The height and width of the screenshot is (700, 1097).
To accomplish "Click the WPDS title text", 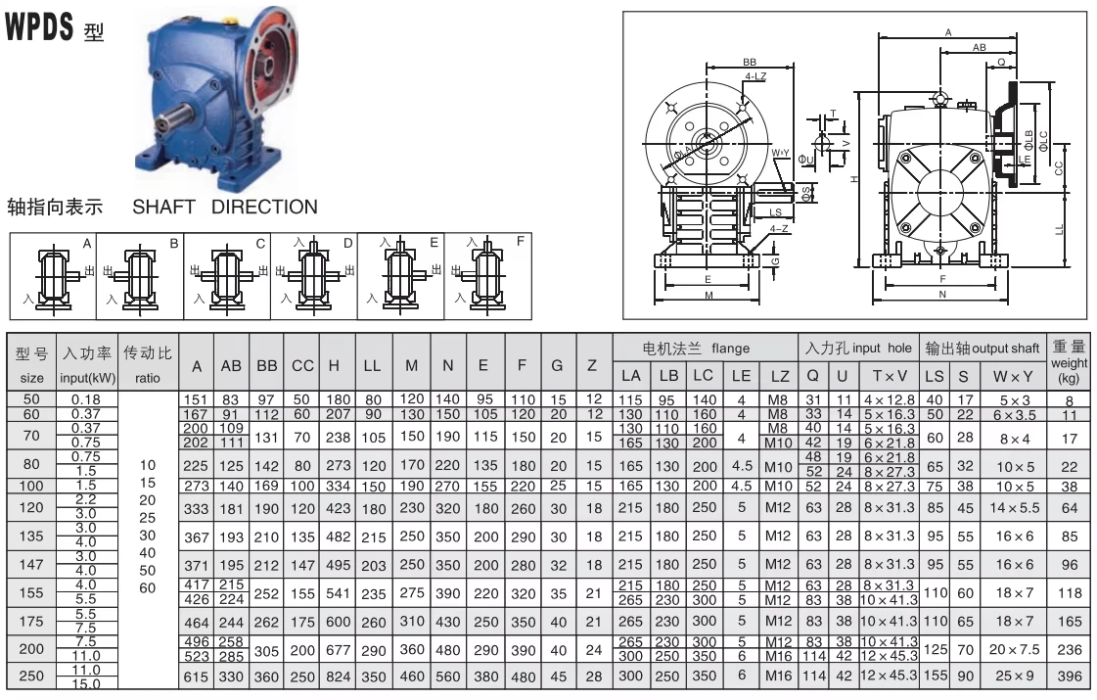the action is pos(39,25).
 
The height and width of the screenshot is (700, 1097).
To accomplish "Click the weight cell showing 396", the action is pos(1070,677).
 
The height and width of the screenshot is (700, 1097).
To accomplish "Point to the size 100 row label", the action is pos(31,486).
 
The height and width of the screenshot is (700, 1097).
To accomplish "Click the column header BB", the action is pos(266,365).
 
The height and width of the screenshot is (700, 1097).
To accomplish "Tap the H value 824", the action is pos(338,677).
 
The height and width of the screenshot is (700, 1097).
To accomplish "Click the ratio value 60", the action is pos(147,588).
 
